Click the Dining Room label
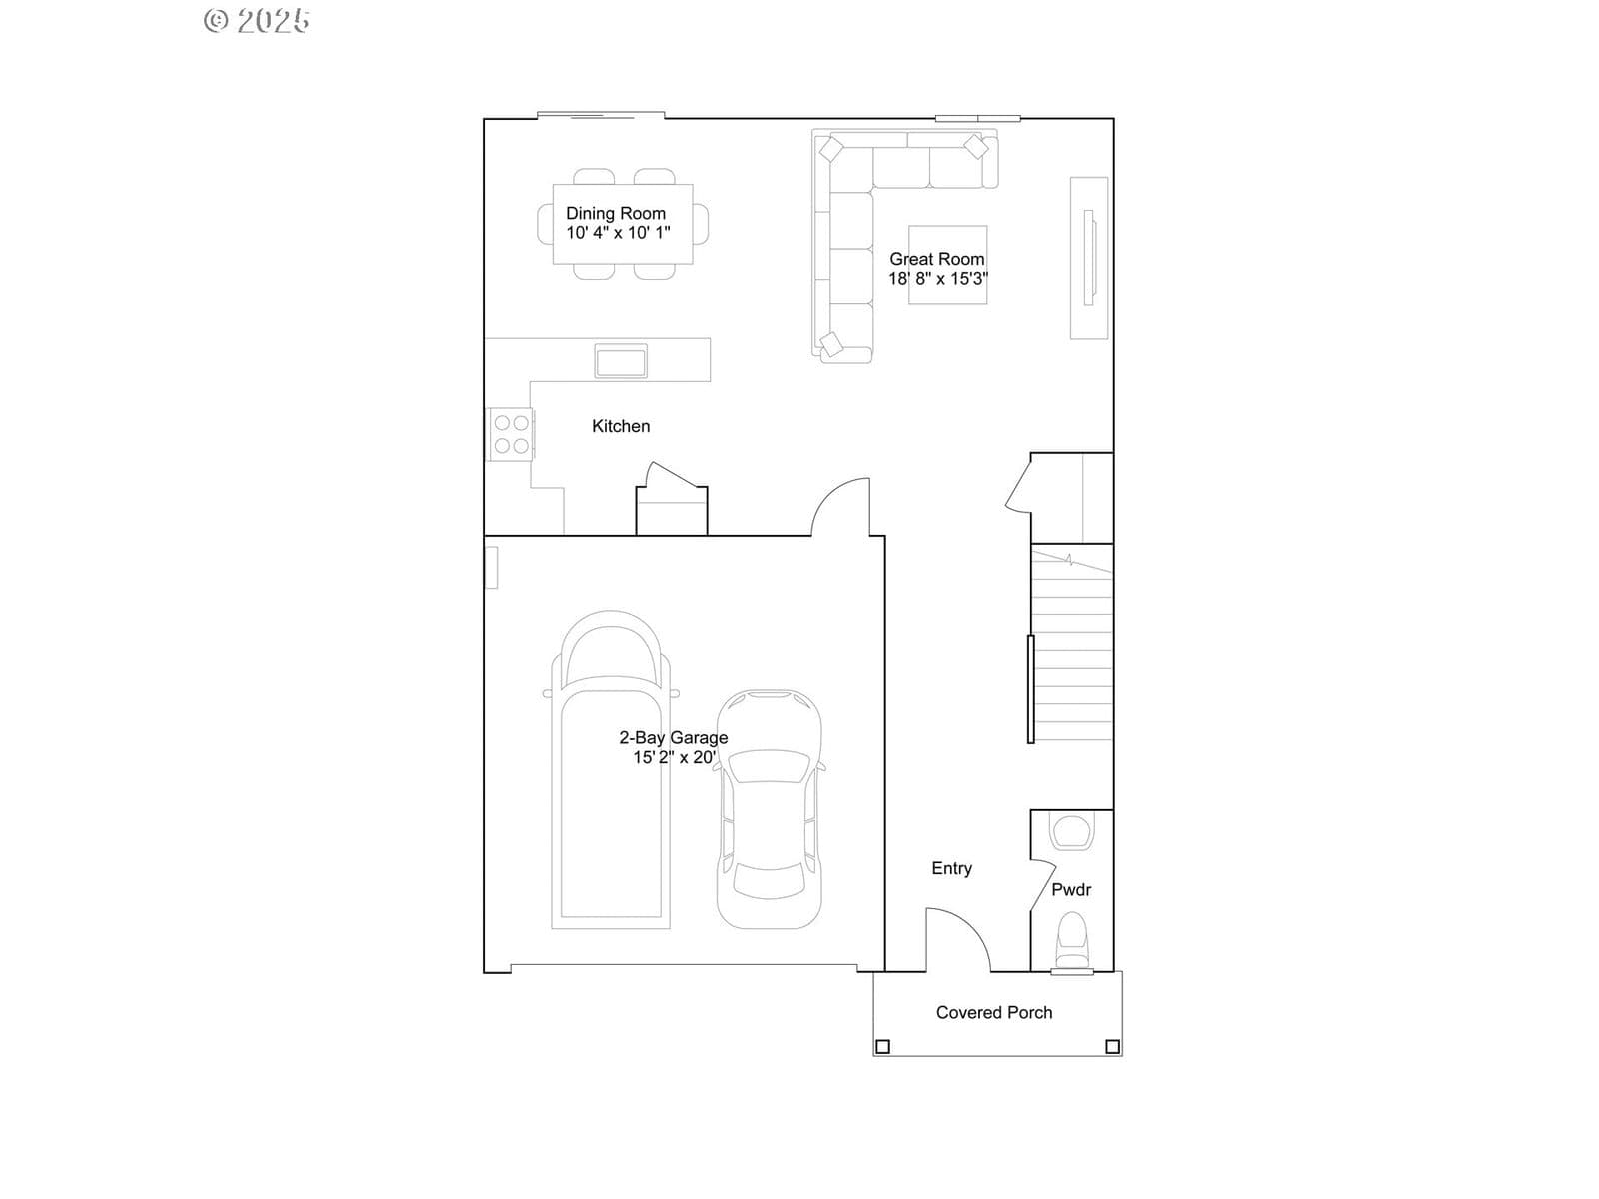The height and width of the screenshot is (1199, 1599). pyautogui.click(x=616, y=213)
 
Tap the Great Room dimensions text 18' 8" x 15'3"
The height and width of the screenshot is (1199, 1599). pyautogui.click(x=938, y=278)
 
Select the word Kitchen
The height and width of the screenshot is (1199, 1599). pyautogui.click(x=621, y=426)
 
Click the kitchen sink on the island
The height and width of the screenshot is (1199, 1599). pyautogui.click(x=621, y=361)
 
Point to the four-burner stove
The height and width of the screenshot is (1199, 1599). pyautogui.click(x=511, y=434)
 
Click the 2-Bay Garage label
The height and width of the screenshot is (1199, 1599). pyautogui.click(x=674, y=738)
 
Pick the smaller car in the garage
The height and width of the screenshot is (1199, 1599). pyautogui.click(x=770, y=809)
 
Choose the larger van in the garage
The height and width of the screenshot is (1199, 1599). pyautogui.click(x=611, y=770)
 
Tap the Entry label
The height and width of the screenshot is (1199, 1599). pyautogui.click(x=952, y=868)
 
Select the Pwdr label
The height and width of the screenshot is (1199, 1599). pyautogui.click(x=1071, y=889)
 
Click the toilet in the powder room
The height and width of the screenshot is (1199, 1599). pyautogui.click(x=1071, y=943)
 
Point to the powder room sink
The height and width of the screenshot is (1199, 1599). pyautogui.click(x=1071, y=832)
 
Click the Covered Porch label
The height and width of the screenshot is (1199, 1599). pyautogui.click(x=994, y=1012)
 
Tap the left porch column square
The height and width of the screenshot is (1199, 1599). pyautogui.click(x=882, y=1047)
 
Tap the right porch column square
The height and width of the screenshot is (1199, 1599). pyautogui.click(x=1113, y=1047)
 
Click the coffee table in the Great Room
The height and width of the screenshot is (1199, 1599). pyautogui.click(x=948, y=264)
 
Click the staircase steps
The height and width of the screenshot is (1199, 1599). pyautogui.click(x=1072, y=644)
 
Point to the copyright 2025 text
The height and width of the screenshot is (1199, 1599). pyautogui.click(x=257, y=20)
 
